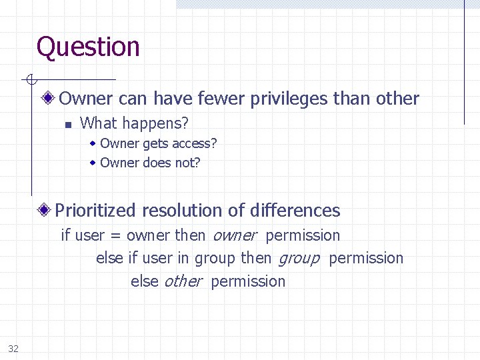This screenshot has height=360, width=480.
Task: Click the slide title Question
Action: coord(88,47)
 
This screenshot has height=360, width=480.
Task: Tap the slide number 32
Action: coord(13,348)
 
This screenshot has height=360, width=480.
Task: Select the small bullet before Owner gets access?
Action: coord(94,143)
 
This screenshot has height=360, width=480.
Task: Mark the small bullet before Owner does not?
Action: coord(94,163)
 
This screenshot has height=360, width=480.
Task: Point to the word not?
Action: coord(187,163)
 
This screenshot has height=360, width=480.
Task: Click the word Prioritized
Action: coord(96,211)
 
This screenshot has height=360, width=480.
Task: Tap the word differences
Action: coord(294,211)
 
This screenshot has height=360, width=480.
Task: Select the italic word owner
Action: coord(233,236)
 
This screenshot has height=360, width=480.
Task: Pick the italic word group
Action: coord(298,259)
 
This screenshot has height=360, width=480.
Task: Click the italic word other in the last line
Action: coord(182,281)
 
